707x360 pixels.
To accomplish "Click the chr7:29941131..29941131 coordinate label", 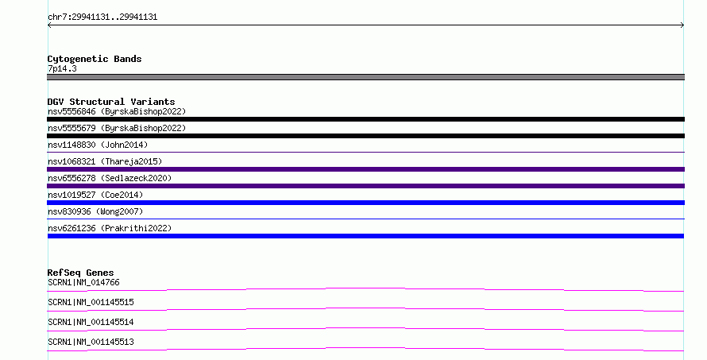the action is pos(102,17).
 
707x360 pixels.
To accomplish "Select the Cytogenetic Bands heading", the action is pos(95,59).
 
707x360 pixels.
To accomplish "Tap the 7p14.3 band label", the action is pos(62,68).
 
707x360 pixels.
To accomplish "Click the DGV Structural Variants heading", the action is pos(111,102).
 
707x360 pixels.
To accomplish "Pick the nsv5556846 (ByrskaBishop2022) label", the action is pos(117,111).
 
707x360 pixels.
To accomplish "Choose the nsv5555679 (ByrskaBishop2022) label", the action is pos(117,128).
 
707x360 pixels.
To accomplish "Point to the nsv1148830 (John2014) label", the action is pos(98,145).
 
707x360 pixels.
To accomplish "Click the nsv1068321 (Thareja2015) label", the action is pos(105,161).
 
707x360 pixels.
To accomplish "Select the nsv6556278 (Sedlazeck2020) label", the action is pos(110,178).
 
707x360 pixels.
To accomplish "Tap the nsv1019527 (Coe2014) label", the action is pos(95,195).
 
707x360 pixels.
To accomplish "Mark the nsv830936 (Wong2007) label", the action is pos(95,211).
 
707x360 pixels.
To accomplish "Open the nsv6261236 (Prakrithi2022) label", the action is pos(110,228).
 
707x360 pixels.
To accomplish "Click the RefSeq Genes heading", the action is pos(80,273).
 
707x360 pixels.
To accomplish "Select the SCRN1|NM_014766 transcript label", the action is pos(83,282).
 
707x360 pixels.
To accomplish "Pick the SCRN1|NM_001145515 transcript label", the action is pos(91,302).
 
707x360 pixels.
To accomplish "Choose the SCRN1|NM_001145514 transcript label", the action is pos(91,322).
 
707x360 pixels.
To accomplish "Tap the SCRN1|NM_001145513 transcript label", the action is pos(91,342).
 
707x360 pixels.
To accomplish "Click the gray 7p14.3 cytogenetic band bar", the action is pos(365,77).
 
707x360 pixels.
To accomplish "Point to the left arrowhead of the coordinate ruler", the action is pos(48,25).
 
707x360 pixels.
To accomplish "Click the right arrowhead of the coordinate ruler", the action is pos(683,25).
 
